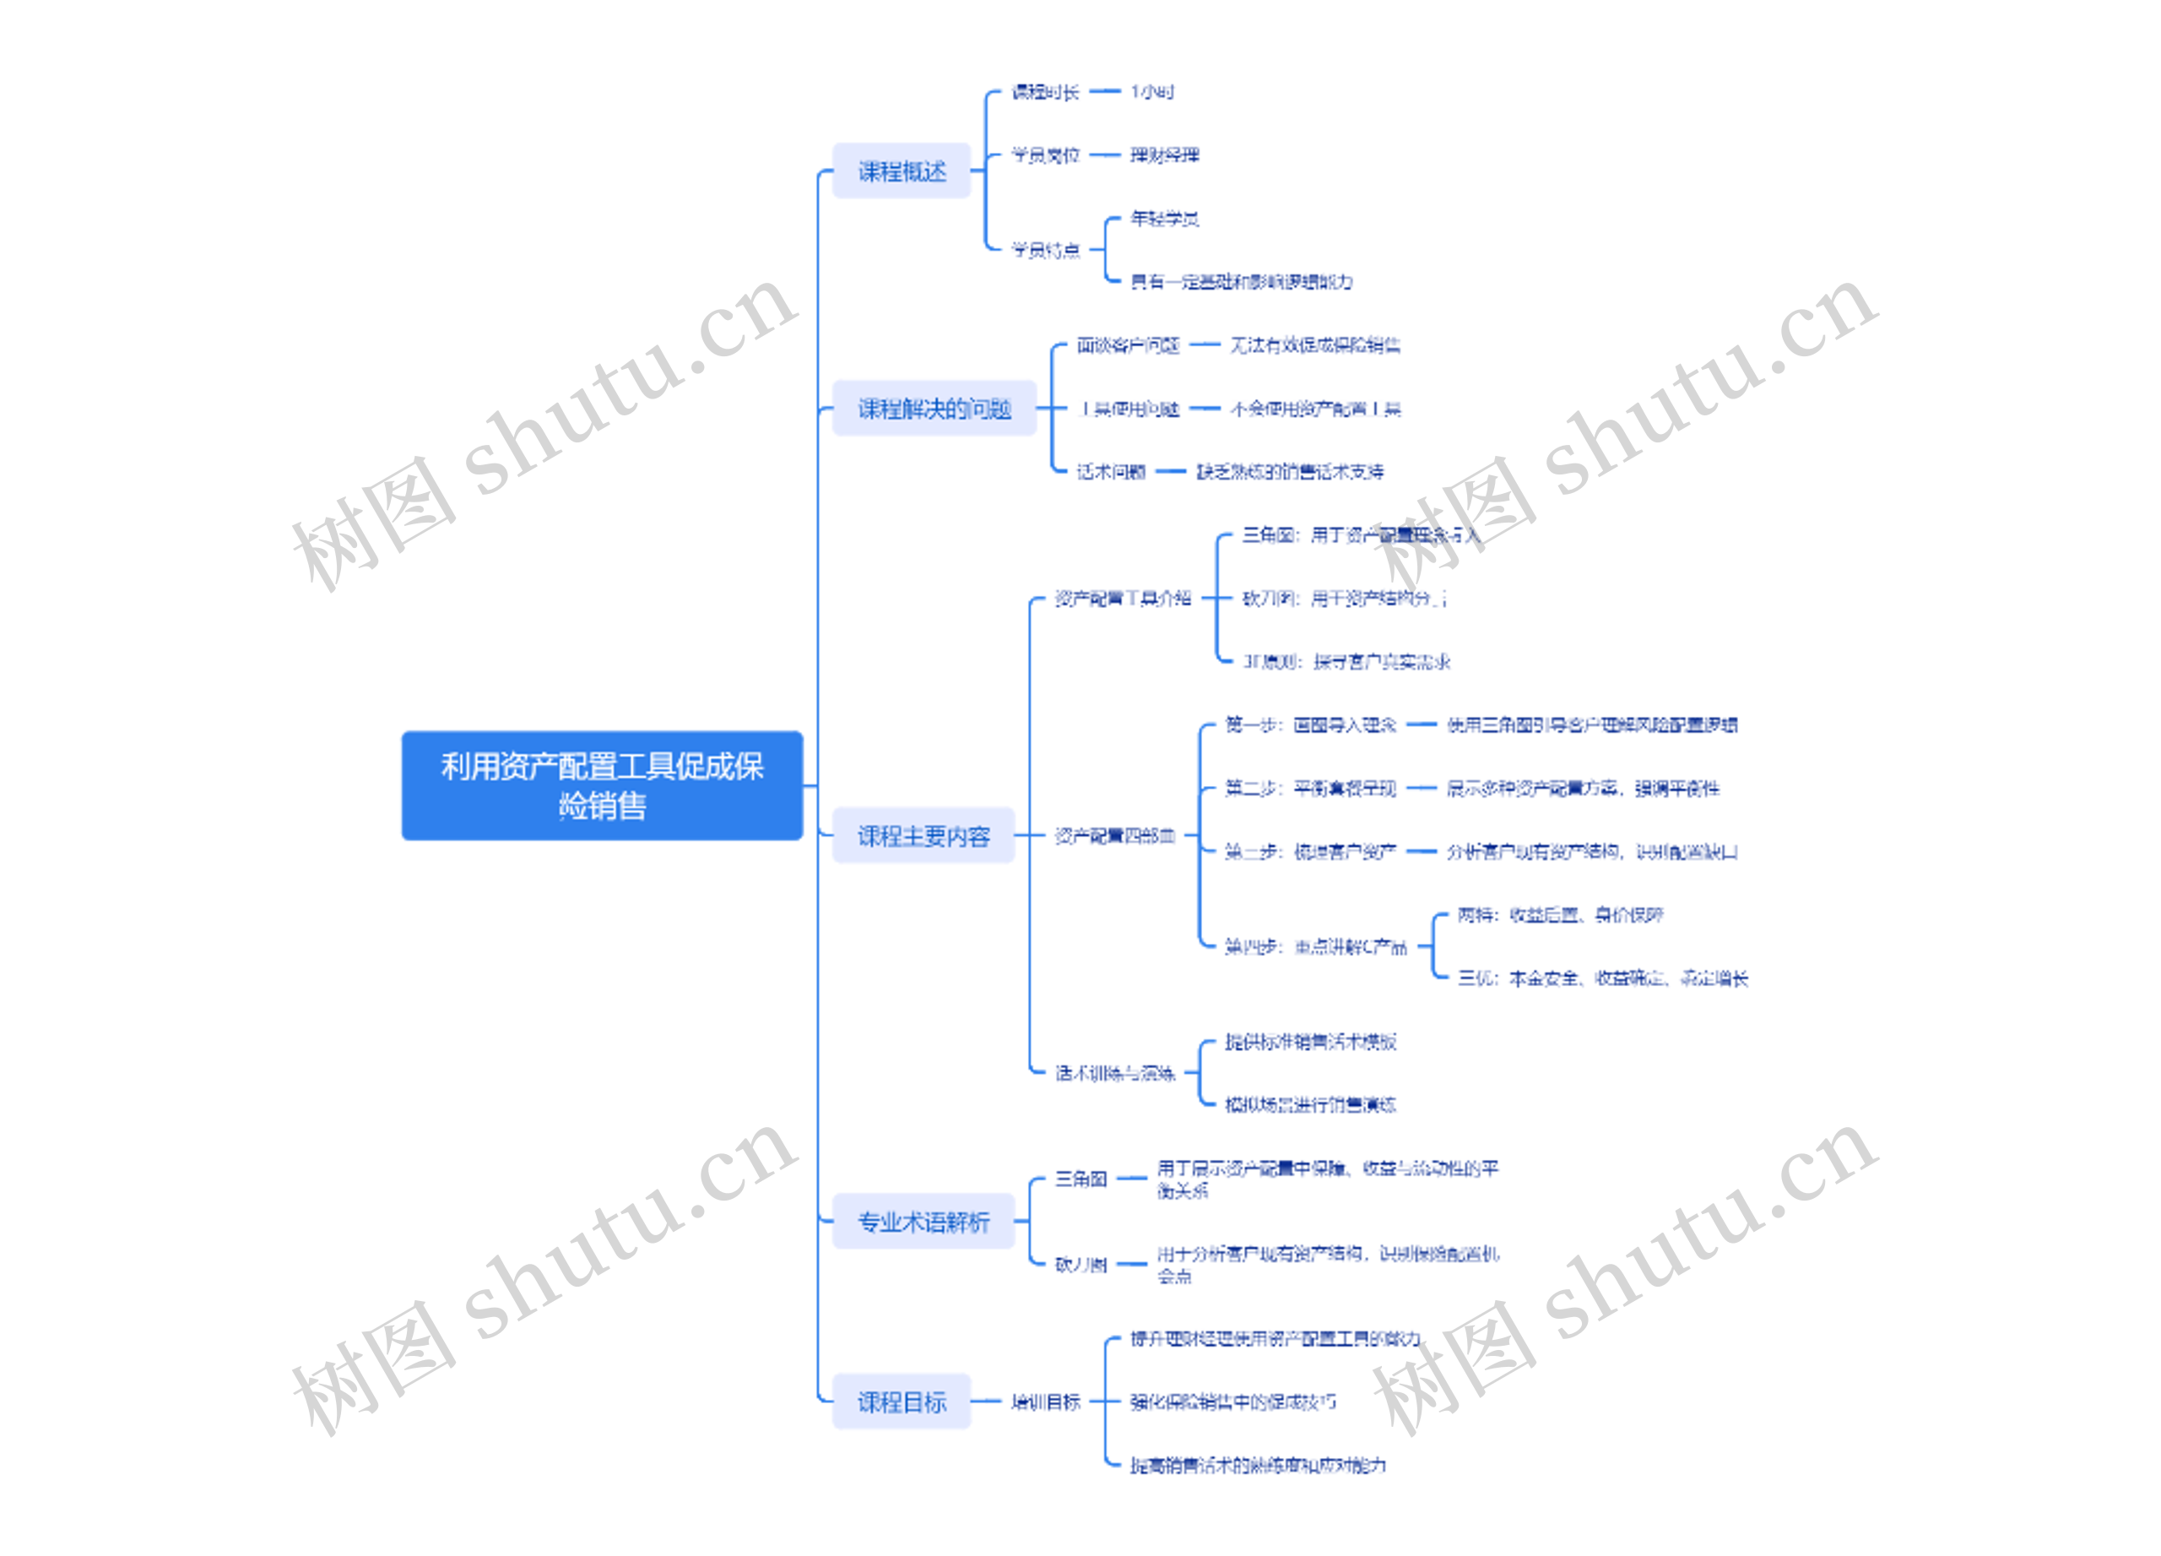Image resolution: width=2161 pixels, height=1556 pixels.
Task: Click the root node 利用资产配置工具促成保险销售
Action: (601, 785)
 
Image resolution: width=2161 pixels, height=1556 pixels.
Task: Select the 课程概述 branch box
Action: (901, 171)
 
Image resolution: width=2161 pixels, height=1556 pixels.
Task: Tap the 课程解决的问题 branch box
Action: (934, 409)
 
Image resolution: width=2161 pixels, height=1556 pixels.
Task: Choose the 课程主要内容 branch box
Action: (923, 836)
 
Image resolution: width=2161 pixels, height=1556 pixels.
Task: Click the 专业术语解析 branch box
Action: (923, 1221)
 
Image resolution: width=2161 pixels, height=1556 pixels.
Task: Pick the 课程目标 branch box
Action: (901, 1401)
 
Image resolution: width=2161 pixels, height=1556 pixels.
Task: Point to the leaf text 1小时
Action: (1151, 92)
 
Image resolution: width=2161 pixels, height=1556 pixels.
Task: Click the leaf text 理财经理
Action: (1163, 155)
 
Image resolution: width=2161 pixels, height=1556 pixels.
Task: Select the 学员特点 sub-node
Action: (1045, 250)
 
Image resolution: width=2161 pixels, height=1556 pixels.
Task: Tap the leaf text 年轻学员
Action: (1163, 218)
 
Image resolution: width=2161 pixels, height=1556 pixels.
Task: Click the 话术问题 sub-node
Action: (1110, 472)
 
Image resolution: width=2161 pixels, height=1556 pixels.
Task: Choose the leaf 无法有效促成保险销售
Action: (1314, 345)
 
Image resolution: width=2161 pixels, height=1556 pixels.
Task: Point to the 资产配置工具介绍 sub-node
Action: (1122, 599)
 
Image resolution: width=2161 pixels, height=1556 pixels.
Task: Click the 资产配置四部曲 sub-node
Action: (1114, 836)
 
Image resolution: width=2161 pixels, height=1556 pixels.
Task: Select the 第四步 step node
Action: (1315, 946)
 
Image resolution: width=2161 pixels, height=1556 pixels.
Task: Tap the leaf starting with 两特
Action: (1560, 914)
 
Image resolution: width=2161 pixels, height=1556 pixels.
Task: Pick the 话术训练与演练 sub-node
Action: (1114, 1073)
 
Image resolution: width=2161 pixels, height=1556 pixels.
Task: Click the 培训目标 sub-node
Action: (1045, 1401)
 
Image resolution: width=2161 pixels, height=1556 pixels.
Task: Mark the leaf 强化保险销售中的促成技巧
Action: (1232, 1401)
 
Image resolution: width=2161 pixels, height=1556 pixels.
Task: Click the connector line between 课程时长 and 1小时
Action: (1104, 91)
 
